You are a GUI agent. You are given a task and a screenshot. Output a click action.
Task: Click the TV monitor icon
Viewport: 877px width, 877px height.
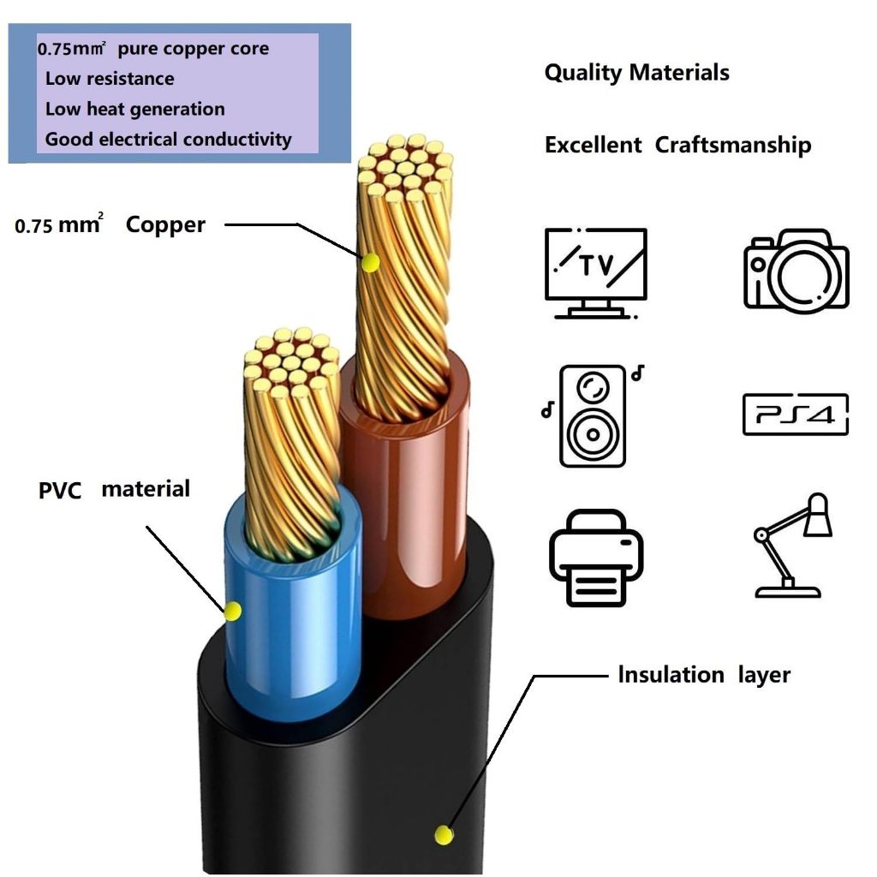tap(596, 273)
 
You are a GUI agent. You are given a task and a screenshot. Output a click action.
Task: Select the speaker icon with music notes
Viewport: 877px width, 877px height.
tap(593, 415)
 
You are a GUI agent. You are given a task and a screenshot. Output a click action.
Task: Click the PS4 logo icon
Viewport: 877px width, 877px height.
tap(796, 415)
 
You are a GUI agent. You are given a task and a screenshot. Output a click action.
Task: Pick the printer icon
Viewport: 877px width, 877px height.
tap(596, 558)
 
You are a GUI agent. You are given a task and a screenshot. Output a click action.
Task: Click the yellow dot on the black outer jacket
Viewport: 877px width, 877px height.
tap(444, 835)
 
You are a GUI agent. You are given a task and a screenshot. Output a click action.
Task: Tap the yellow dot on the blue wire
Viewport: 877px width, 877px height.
tap(233, 611)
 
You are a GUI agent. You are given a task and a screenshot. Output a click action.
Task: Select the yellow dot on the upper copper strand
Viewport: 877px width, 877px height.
tap(370, 262)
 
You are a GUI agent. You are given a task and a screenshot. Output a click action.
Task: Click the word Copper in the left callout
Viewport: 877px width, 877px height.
tap(165, 225)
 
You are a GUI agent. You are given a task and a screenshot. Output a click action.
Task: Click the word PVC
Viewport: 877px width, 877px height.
tap(60, 491)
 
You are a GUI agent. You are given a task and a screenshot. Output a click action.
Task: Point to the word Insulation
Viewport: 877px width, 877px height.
tap(671, 675)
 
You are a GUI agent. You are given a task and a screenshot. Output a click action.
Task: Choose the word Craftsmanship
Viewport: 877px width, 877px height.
tap(733, 145)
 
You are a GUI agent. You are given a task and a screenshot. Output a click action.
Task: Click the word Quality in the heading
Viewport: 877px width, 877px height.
tap(583, 73)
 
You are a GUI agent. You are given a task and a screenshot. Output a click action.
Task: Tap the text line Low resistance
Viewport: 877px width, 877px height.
tap(110, 78)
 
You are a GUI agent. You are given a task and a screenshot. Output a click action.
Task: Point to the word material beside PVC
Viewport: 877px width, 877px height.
tap(146, 489)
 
